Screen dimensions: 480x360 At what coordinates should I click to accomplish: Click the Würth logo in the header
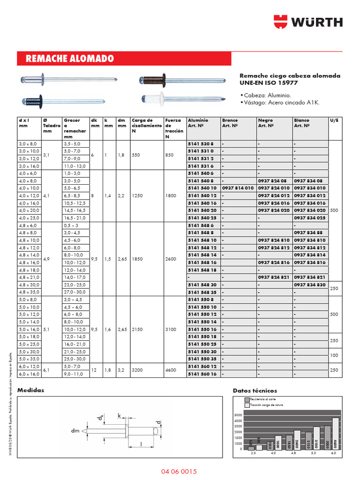[x=307, y=22]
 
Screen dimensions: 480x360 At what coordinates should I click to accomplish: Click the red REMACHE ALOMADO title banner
[x=124, y=59]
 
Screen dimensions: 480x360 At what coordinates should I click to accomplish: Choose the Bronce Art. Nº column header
[x=230, y=123]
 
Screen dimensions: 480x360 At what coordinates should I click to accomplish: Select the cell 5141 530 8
[x=200, y=143]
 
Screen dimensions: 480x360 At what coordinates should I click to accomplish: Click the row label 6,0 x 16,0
[x=30, y=374]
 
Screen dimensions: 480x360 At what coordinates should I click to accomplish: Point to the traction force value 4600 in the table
[x=171, y=370]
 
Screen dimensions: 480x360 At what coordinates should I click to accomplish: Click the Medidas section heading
[x=30, y=390]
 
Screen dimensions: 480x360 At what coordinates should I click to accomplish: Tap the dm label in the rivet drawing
[x=75, y=430]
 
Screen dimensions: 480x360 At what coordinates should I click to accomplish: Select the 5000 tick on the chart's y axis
[x=238, y=415]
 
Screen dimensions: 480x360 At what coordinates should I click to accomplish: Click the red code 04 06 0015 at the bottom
[x=180, y=471]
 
